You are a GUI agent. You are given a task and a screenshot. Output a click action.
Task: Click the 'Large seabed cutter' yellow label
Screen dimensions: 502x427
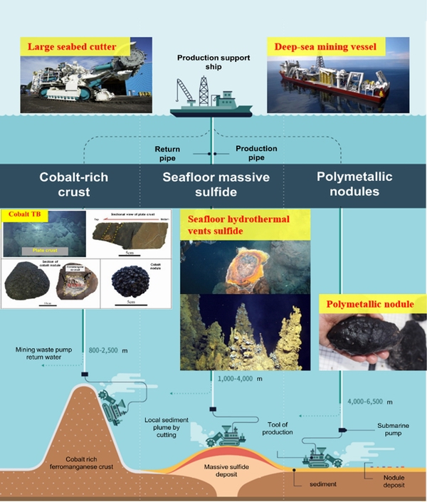(x=81, y=48)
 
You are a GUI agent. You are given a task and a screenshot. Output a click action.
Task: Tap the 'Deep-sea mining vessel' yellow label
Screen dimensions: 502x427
(x=330, y=48)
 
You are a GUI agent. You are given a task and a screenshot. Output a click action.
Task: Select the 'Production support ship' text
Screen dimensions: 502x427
(x=212, y=63)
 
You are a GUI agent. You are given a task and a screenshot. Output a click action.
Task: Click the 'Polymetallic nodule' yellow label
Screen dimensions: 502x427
(x=370, y=304)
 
